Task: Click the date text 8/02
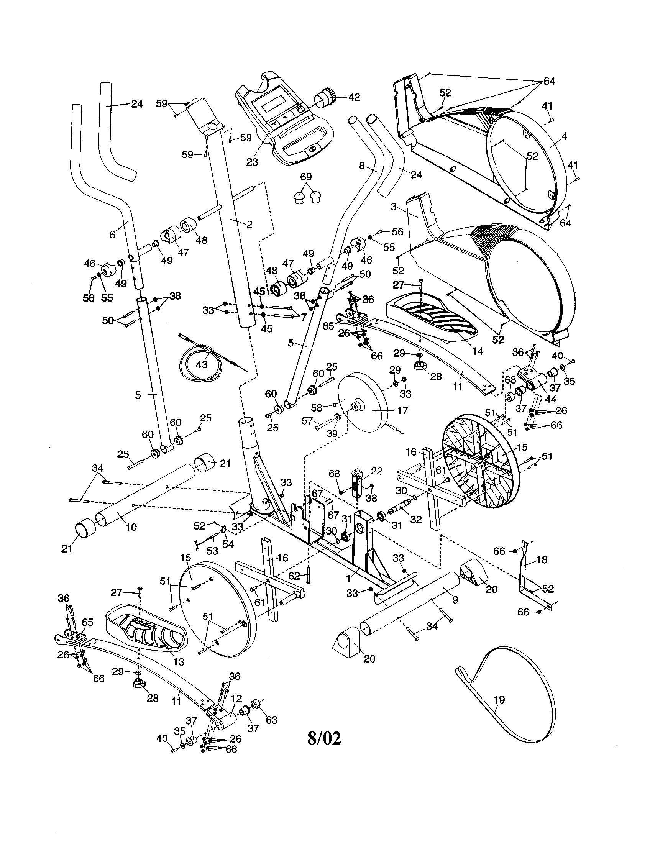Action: click(324, 738)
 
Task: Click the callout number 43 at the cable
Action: click(202, 364)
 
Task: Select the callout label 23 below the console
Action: click(252, 162)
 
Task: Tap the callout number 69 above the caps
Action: click(306, 177)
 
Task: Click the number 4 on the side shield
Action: click(564, 136)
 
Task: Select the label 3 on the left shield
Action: click(394, 207)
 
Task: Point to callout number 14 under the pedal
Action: click(478, 351)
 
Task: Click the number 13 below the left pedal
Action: click(179, 662)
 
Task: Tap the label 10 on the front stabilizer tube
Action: click(131, 527)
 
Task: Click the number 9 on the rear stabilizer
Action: click(455, 600)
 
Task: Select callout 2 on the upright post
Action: click(249, 224)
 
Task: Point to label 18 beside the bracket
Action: click(542, 559)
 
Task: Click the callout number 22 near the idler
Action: click(377, 471)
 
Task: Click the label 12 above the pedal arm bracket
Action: click(236, 698)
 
